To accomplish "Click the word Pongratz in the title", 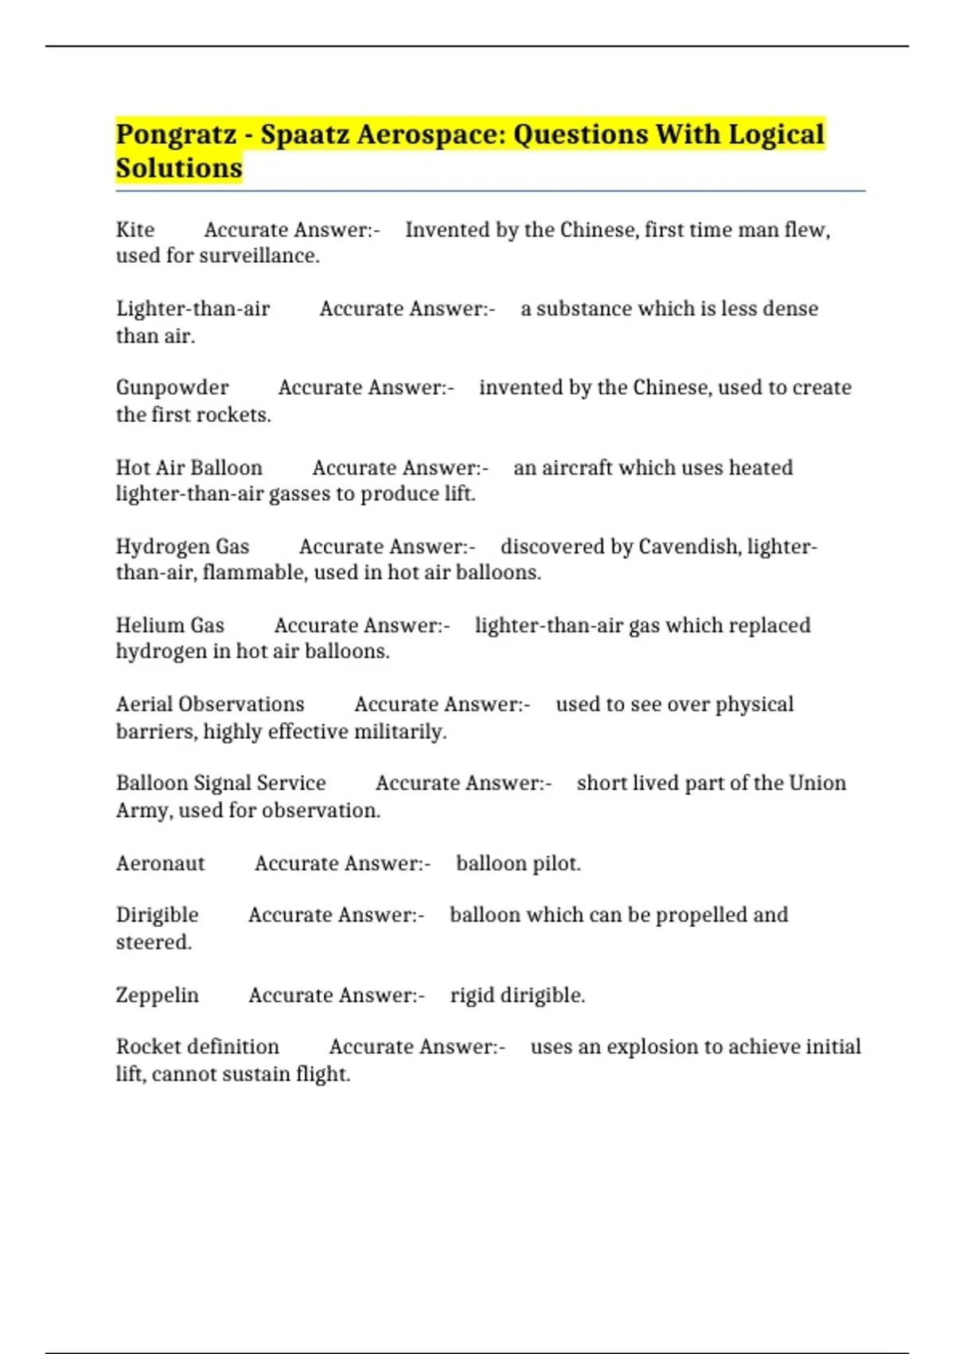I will (176, 135).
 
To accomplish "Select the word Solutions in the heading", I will (179, 169).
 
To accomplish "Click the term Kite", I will (135, 230).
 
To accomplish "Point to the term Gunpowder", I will (172, 388).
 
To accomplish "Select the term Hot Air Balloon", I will (189, 468).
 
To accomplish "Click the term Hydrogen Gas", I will (182, 546).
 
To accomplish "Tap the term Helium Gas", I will (170, 625).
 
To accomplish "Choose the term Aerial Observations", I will (210, 704).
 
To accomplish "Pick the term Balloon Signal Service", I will (220, 783).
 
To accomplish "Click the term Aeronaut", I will (160, 863).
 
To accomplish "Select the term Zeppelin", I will (157, 995).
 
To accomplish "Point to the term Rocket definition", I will (197, 1047).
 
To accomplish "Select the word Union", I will (817, 783).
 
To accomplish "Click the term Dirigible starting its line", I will (157, 915).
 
